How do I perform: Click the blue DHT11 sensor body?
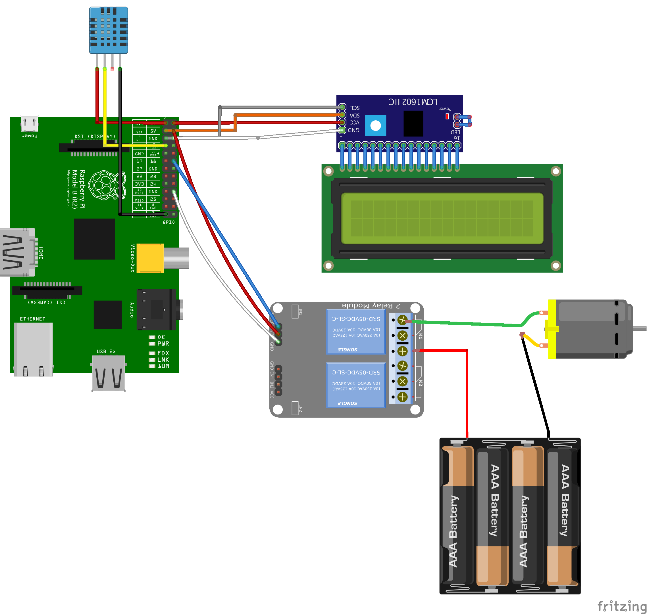pos(109,30)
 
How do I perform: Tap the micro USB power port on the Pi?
pos(30,124)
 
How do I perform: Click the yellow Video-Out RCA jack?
pos(150,258)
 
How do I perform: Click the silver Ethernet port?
pos(33,349)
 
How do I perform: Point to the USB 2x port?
pos(109,373)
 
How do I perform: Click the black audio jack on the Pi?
pos(157,309)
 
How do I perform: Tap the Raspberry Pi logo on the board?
pos(104,185)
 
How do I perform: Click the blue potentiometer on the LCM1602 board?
pos(375,126)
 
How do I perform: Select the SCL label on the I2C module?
pos(355,108)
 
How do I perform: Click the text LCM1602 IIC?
pos(413,102)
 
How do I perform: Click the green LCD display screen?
pos(442,218)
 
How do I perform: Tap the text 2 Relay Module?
pos(371,306)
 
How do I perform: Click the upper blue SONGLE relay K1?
pos(356,332)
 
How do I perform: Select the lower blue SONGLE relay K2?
pos(356,385)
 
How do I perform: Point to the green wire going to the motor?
pos(465,323)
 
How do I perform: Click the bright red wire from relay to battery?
pos(467,393)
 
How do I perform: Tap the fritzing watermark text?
pos(621,606)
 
